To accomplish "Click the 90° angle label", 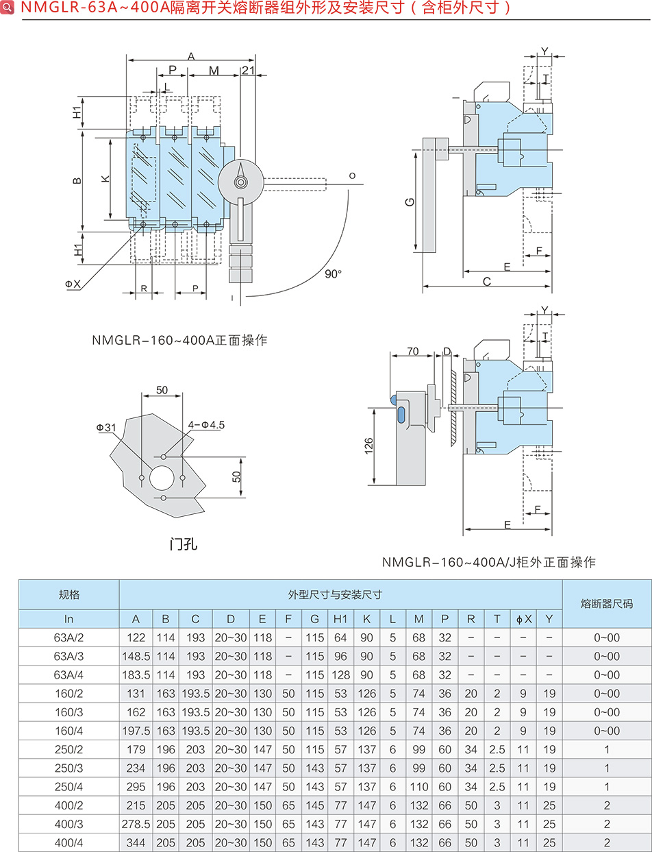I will (333, 273).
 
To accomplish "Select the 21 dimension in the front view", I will (248, 71).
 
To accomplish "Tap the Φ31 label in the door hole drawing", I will (107, 427).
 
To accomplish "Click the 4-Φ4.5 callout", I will (206, 425).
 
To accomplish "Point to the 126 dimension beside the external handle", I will (368, 446).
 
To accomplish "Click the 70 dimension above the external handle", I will (412, 352).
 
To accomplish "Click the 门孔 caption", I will (183, 545).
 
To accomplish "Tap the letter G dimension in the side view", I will (409, 202).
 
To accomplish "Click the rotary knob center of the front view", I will (240, 182).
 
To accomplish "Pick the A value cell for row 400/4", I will (136, 842).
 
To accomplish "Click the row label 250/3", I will (68, 768).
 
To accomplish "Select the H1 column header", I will (340, 619).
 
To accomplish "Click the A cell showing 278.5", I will (136, 824).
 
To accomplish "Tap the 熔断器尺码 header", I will (607, 604).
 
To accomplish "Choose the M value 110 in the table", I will (419, 787).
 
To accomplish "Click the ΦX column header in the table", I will (523, 619).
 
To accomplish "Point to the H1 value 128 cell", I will (340, 674).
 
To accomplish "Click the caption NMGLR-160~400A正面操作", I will (179, 340).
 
